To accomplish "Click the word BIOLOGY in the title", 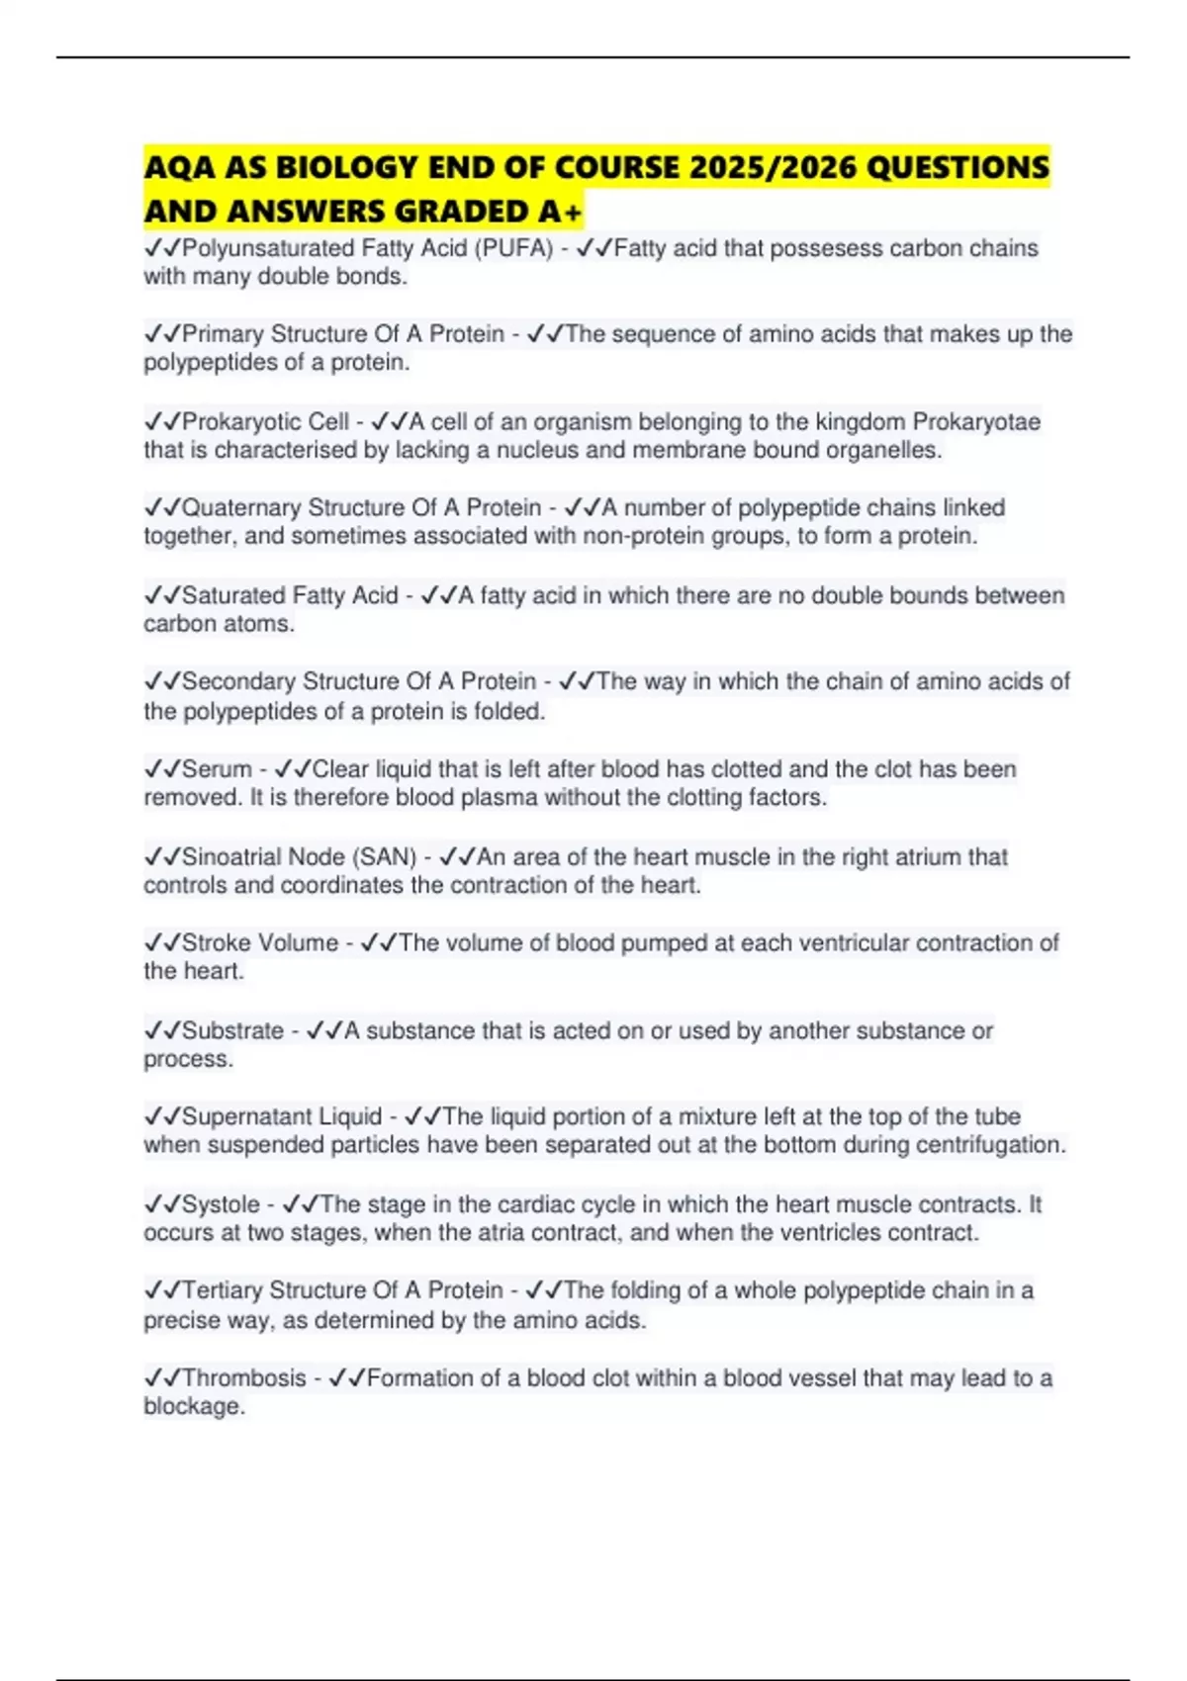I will pyautogui.click(x=339, y=167).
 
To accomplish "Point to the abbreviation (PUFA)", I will pyautogui.click(x=514, y=248).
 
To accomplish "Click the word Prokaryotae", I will pyautogui.click(x=975, y=422).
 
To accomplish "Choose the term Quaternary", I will pyautogui.click(x=241, y=508).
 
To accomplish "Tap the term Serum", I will pyautogui.click(x=217, y=769).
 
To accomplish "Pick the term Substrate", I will pyautogui.click(x=232, y=1031).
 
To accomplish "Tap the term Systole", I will pyautogui.click(x=221, y=1205).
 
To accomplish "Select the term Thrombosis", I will pyautogui.click(x=244, y=1378).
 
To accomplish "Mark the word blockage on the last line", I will pyautogui.click(x=193, y=1407).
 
